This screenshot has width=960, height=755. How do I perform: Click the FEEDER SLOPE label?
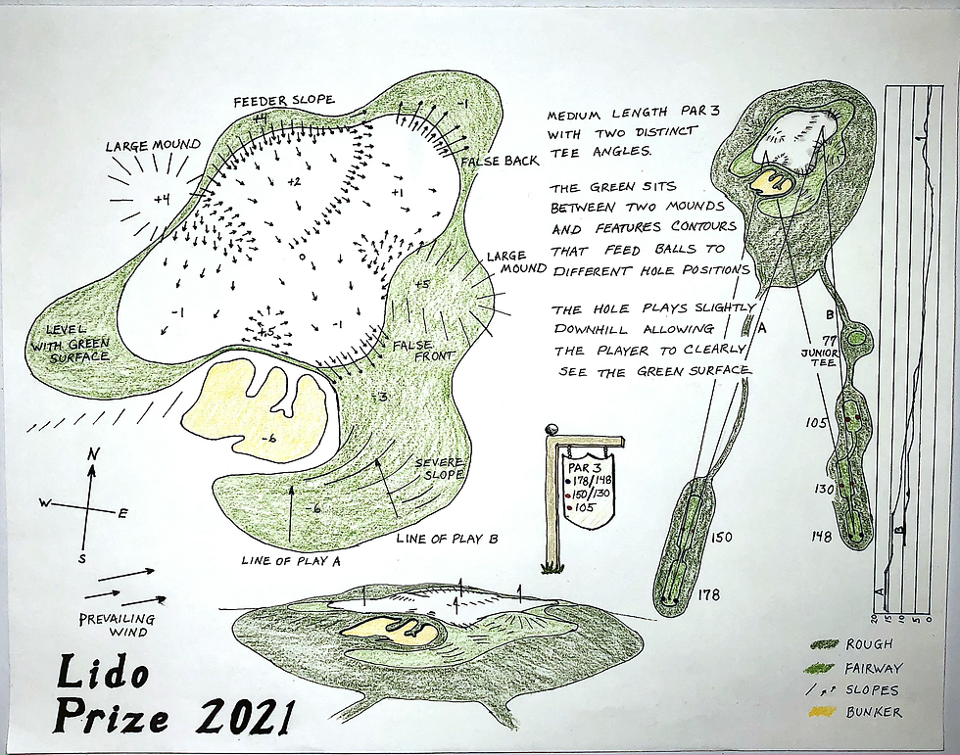click(x=283, y=101)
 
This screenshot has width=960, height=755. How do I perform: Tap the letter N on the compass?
click(x=91, y=453)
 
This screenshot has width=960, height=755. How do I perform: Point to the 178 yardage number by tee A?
click(x=709, y=594)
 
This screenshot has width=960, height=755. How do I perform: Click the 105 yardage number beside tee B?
click(x=818, y=422)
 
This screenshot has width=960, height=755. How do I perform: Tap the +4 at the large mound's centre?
click(x=162, y=200)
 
